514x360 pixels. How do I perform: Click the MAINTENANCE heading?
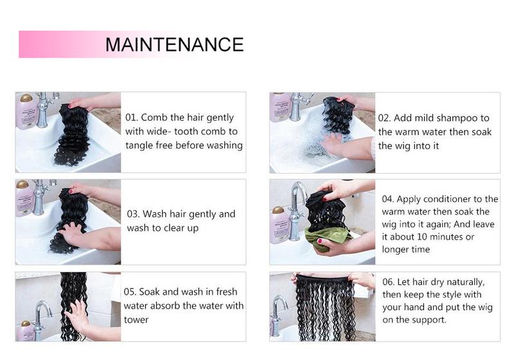point(174,44)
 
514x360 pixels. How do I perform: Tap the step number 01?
point(131,118)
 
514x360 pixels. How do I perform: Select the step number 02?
point(384,118)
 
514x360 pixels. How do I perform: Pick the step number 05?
point(132,292)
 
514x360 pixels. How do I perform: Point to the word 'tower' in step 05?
point(136,319)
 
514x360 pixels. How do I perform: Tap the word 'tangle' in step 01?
point(141,145)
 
